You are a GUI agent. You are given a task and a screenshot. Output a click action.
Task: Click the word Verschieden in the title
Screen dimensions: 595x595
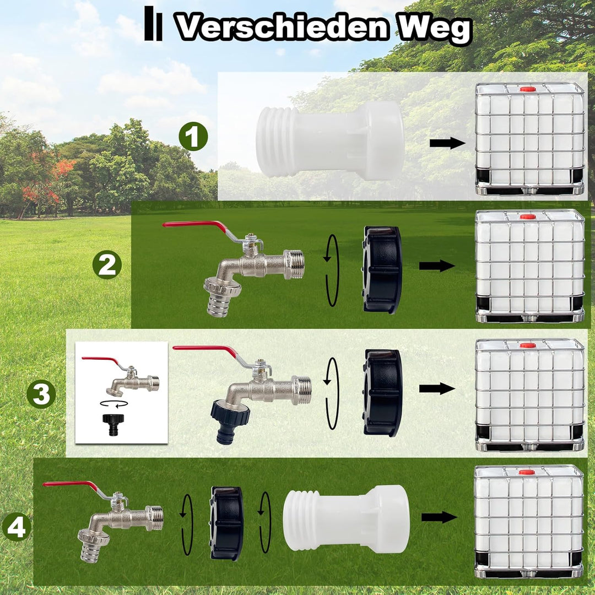(283, 27)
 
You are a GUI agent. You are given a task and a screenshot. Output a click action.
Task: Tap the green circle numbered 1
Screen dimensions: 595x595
(193, 136)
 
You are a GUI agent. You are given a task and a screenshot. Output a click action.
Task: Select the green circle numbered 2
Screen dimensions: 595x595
(107, 265)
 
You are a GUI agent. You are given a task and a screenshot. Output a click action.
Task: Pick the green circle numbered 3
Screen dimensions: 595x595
(41, 394)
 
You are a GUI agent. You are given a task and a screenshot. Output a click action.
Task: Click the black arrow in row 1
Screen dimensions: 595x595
(447, 143)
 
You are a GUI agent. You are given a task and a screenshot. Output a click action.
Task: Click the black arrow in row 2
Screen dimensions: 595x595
(437, 266)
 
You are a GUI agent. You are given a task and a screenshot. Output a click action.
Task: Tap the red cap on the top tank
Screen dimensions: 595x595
(528, 89)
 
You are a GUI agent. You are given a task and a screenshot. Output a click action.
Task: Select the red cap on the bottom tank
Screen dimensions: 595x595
(527, 472)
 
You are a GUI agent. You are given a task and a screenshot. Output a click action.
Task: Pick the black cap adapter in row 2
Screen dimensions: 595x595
(382, 270)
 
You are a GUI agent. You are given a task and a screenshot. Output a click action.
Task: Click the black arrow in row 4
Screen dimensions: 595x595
(439, 517)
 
